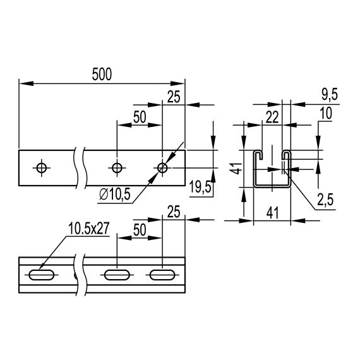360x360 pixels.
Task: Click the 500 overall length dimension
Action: click(101, 74)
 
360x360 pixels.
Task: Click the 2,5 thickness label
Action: click(325, 200)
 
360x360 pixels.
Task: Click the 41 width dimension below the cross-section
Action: click(272, 213)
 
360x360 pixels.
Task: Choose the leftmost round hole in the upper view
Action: click(42, 167)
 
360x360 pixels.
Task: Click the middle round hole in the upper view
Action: click(117, 167)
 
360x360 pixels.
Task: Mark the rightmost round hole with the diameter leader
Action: click(162, 167)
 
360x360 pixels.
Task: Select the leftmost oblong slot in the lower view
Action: click(42, 275)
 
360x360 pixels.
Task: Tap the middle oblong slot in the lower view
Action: click(117, 275)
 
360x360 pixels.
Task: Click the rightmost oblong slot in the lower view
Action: click(162, 275)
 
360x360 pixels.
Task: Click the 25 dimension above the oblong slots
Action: click(174, 211)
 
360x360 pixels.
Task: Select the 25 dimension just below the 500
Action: click(174, 96)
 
